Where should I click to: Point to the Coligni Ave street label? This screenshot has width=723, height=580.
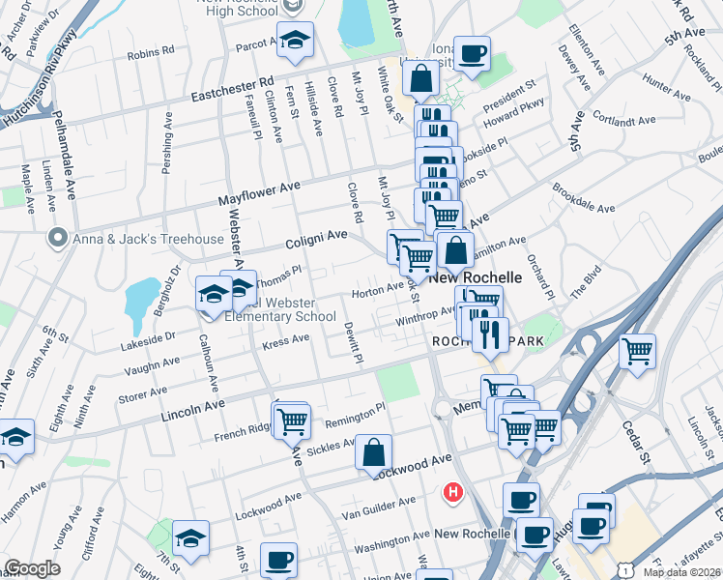(315, 236)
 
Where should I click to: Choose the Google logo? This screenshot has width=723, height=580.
(32, 568)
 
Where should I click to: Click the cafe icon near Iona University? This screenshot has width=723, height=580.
(472, 54)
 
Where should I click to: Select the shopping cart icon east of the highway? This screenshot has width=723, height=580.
(637, 352)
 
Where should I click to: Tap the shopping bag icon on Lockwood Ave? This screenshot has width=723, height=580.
(373, 452)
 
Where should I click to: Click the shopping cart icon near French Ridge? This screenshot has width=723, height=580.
(291, 420)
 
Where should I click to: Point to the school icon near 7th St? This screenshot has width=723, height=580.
(190, 537)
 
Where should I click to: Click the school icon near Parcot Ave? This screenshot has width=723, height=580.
(295, 40)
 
